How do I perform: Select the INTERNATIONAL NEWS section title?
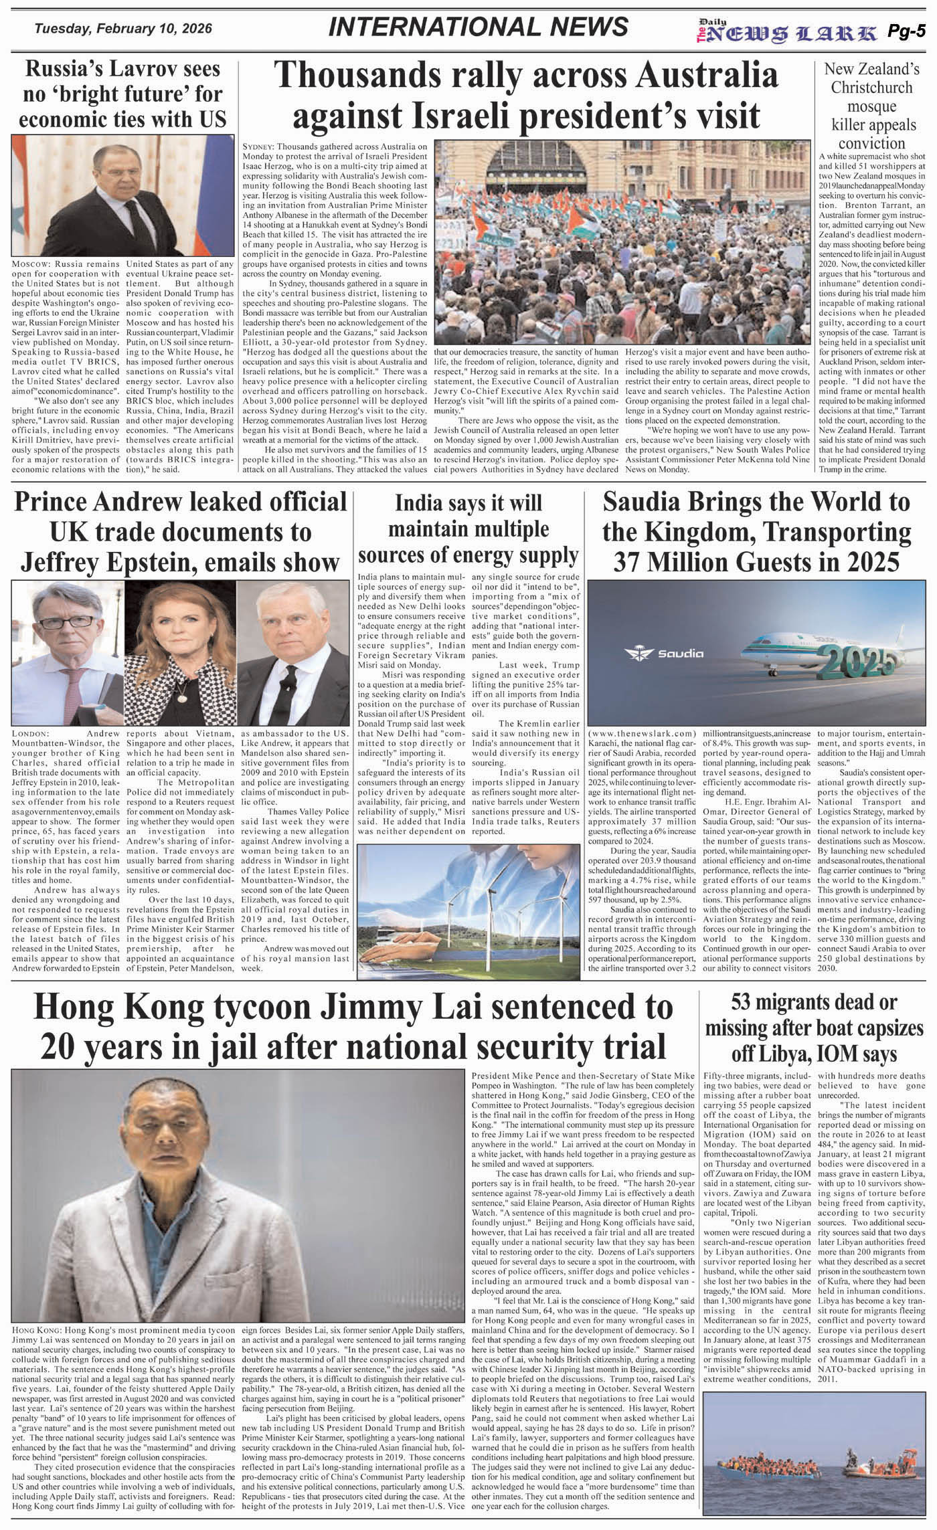tap(479, 27)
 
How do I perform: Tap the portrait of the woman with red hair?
tap(180, 656)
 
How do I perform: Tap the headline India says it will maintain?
tap(468, 529)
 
